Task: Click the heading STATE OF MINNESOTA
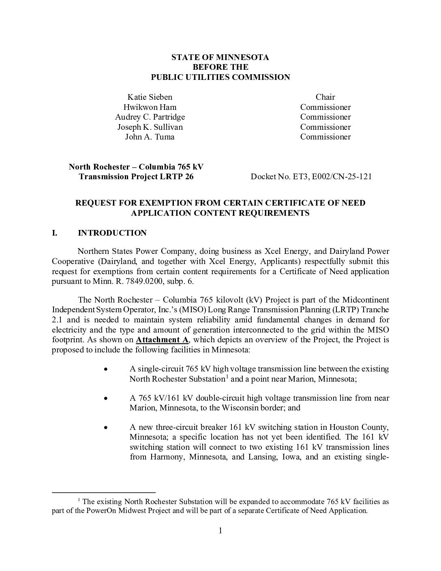pos(220,57)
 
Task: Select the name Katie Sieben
pos(150,97)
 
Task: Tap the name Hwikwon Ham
pos(150,107)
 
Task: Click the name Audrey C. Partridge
pos(150,117)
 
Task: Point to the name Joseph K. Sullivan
pos(150,127)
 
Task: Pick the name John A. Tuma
pos(150,137)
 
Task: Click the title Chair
pos(325,97)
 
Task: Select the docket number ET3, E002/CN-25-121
pos(332,176)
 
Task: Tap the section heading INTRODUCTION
pos(112,233)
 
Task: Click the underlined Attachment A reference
pos(162,339)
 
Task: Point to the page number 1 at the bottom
pos(220,531)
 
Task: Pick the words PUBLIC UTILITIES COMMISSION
pos(220,77)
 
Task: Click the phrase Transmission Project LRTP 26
pos(136,176)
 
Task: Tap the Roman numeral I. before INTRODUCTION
pos(55,233)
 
